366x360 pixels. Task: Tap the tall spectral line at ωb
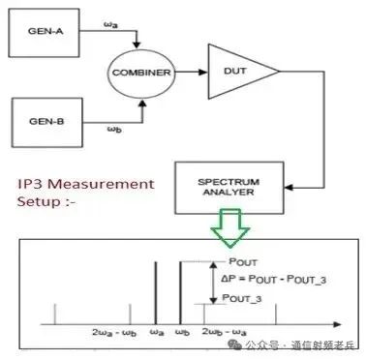pos(178,290)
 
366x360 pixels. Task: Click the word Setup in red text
pos(38,201)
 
